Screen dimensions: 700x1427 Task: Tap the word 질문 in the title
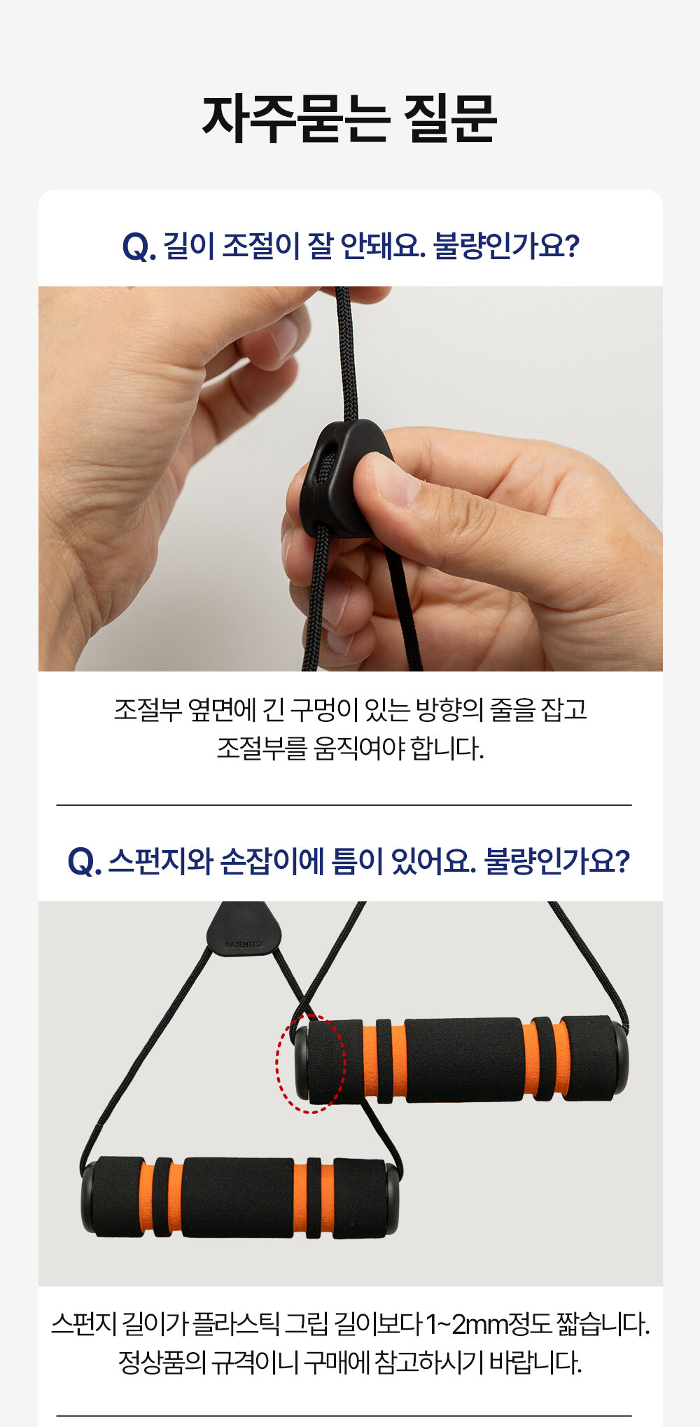pos(450,119)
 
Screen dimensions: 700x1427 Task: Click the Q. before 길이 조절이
pos(139,246)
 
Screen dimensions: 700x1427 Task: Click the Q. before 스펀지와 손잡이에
pos(85,862)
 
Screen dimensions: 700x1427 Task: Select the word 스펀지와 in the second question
pos(160,861)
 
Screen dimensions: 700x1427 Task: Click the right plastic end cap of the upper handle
pos(619,1057)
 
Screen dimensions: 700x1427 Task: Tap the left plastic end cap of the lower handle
pos(89,1197)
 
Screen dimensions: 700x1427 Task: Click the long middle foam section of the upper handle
pos(463,1059)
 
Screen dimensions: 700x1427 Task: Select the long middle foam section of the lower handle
pos(238,1197)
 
